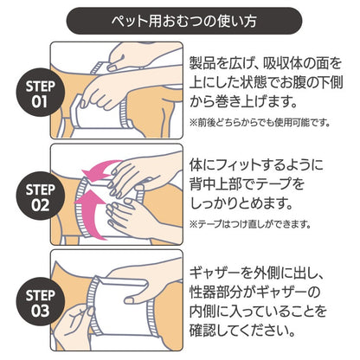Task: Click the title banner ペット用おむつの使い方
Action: (x=184, y=21)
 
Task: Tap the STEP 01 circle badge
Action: (x=40, y=93)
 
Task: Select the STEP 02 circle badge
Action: (x=40, y=196)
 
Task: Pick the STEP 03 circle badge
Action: (x=40, y=302)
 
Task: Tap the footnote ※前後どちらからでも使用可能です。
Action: (x=260, y=122)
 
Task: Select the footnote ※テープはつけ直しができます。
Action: (x=250, y=224)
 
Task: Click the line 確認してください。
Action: (x=242, y=330)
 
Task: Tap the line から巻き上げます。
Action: (x=243, y=101)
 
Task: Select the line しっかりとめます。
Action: (x=241, y=203)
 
